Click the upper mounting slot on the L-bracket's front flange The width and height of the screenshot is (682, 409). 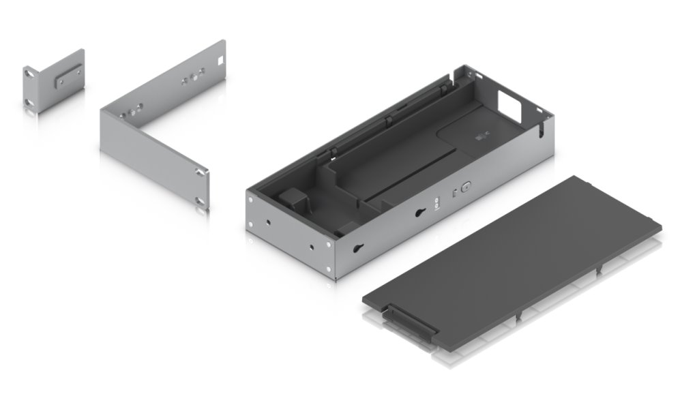[199, 172]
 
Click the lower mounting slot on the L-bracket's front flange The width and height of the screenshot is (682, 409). [199, 200]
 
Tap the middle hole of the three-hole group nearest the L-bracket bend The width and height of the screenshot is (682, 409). [131, 110]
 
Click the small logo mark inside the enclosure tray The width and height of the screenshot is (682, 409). [481, 139]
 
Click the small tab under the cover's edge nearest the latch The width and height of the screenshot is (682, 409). [520, 315]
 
